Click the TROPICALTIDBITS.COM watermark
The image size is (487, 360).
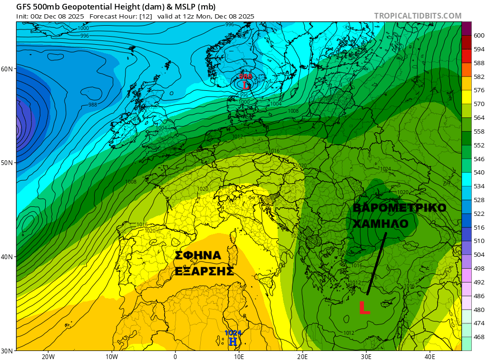pos(418,16)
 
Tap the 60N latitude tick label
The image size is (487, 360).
pos(7,69)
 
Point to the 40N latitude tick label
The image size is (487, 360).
pos(7,257)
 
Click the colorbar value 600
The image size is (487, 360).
pos(479,29)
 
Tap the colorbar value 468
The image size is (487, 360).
pos(479,337)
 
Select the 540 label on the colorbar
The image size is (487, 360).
pos(479,173)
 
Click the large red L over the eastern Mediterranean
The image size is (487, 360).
pos(364,308)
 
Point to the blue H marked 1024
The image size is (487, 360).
pos(233,341)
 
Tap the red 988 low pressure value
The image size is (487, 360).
pos(245,77)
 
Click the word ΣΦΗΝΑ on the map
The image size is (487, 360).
pos(198,256)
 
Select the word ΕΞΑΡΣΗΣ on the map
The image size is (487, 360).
pos(204,272)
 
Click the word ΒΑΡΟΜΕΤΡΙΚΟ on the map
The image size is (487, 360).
pos(399,208)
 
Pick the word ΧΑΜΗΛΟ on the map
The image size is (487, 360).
pos(380,224)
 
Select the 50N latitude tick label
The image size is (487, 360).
pos(7,163)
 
